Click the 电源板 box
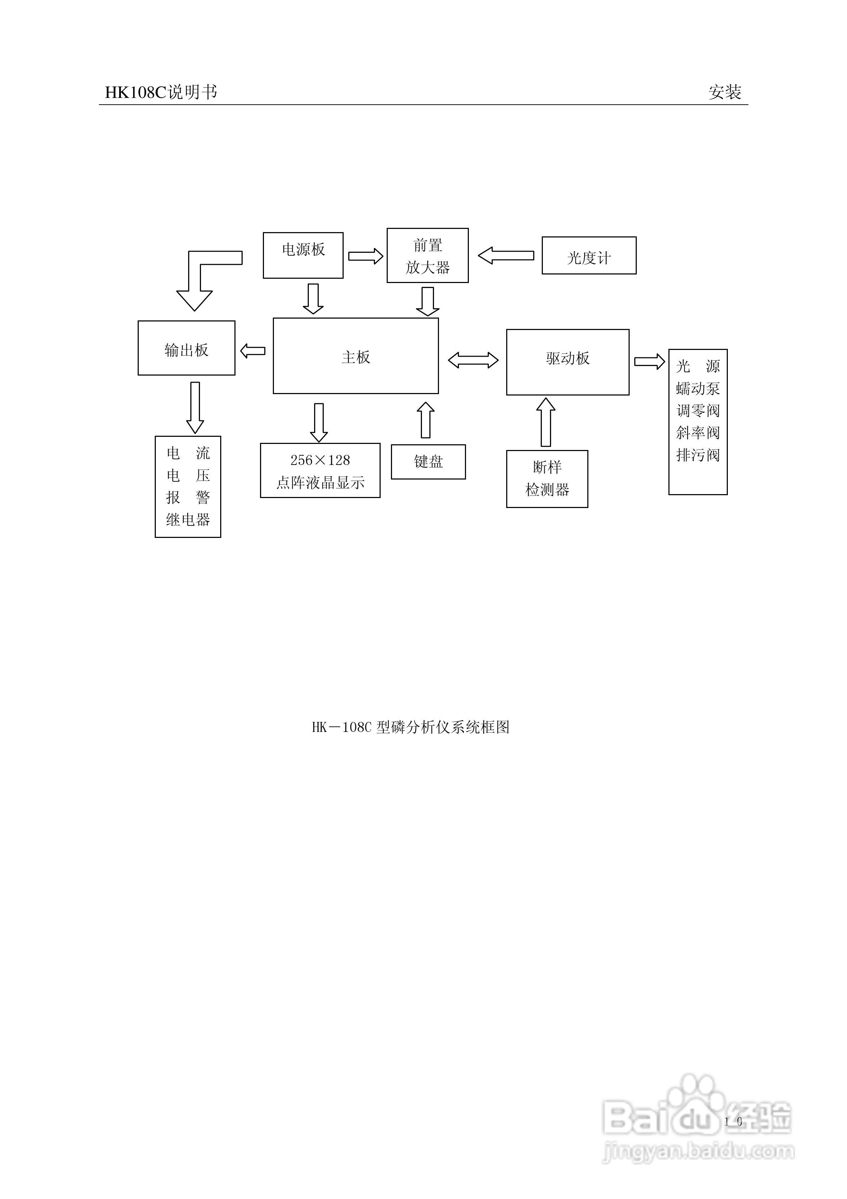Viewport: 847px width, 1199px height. [303, 255]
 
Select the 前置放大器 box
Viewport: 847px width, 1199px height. [428, 255]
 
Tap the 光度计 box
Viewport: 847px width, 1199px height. [589, 255]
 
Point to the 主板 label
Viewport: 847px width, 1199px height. [355, 357]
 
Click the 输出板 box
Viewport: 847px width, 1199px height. [186, 348]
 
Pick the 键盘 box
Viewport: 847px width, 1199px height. [428, 462]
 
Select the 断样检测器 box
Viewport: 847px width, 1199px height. [547, 478]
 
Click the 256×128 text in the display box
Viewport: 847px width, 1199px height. [320, 460]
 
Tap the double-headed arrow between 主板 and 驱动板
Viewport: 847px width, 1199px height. [473, 360]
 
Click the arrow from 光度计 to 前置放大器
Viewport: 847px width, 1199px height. [506, 255]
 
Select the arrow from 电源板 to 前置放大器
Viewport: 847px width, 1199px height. [365, 256]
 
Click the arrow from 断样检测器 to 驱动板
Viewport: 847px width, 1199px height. [546, 422]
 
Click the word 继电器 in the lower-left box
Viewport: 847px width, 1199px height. [188, 520]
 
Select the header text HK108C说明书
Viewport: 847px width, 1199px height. [161, 93]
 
